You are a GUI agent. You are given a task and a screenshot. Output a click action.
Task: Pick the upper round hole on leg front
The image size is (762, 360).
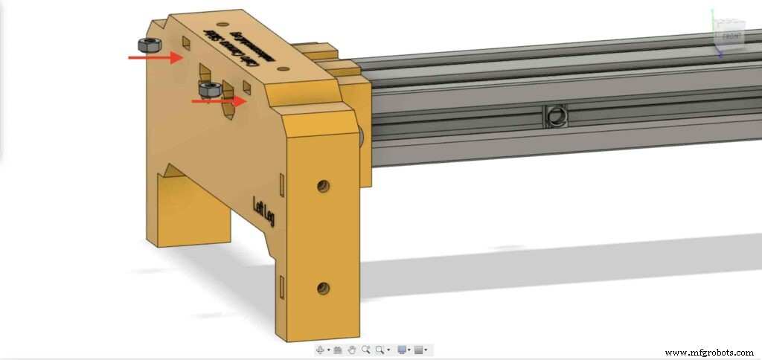pos(323,186)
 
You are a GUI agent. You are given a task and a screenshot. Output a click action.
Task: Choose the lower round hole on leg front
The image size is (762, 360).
pos(323,287)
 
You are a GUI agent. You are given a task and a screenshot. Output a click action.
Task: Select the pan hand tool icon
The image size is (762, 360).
pos(351,350)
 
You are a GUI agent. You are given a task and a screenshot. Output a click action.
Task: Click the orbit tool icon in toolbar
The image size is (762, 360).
pos(321,350)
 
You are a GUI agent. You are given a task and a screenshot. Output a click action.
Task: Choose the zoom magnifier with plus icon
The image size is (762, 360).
pos(365,350)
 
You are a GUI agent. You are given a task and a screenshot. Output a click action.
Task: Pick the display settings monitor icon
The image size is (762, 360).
pos(403,350)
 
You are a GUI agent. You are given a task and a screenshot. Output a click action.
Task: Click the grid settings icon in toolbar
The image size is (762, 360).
pos(419,350)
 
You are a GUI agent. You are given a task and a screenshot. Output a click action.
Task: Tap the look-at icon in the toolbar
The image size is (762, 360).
pos(337,350)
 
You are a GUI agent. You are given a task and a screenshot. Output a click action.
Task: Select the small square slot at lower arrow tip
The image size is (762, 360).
pos(248,89)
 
